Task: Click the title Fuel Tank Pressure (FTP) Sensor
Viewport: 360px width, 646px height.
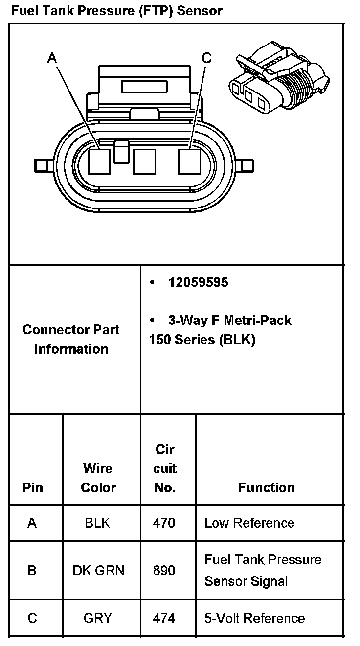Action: tap(116, 10)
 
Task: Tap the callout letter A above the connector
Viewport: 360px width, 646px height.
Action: tap(52, 58)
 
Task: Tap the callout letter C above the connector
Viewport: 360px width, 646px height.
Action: tap(207, 58)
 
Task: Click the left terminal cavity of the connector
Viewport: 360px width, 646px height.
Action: tap(100, 161)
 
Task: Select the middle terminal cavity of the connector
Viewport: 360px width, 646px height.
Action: tap(144, 161)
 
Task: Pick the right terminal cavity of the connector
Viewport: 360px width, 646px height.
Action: tap(189, 161)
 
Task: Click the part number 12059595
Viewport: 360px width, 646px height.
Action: tap(198, 283)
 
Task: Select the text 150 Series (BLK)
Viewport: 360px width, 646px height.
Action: tap(202, 340)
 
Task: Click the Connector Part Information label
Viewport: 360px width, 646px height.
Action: tap(71, 339)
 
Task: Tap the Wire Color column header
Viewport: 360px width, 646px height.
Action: tap(98, 478)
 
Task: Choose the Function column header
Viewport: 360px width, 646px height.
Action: tap(266, 487)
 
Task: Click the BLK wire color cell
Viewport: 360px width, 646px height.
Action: tap(97, 523)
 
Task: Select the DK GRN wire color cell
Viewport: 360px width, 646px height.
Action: tap(98, 570)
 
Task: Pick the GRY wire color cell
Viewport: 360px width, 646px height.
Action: tap(98, 618)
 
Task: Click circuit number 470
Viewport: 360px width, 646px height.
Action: tap(164, 523)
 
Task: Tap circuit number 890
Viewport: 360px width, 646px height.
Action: tap(164, 570)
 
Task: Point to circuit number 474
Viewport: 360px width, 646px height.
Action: tap(164, 618)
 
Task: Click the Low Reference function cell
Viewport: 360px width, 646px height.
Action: tap(249, 523)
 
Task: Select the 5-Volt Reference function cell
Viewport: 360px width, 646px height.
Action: tap(254, 618)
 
